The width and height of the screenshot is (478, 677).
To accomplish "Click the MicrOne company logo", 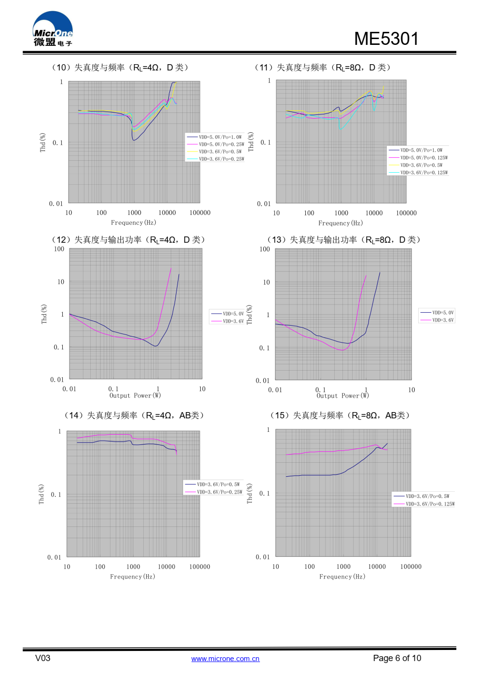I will tap(53, 29).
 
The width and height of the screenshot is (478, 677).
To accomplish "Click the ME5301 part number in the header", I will tap(386, 39).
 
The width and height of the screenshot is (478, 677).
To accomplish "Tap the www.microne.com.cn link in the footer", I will tap(225, 659).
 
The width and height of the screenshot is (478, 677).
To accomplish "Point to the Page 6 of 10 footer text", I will tap(396, 658).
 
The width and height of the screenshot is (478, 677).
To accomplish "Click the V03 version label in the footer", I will tap(42, 658).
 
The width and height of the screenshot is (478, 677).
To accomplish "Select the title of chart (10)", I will tap(120, 68).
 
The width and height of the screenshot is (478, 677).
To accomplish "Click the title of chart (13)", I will tap(344, 240).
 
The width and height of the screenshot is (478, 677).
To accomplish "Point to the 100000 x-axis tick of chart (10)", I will tap(200, 213).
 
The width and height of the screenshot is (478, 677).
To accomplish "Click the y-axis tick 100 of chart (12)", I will tap(59, 249).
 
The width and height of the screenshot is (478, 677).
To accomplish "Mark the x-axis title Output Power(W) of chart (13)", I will tap(342, 396).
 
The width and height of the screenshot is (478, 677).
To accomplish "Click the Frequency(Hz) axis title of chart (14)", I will tap(133, 577).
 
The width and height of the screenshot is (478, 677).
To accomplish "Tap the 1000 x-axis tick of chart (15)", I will tap(343, 566).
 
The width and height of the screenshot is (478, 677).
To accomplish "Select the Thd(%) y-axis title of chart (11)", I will tap(251, 142).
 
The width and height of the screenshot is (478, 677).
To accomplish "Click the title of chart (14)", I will tap(135, 415).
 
